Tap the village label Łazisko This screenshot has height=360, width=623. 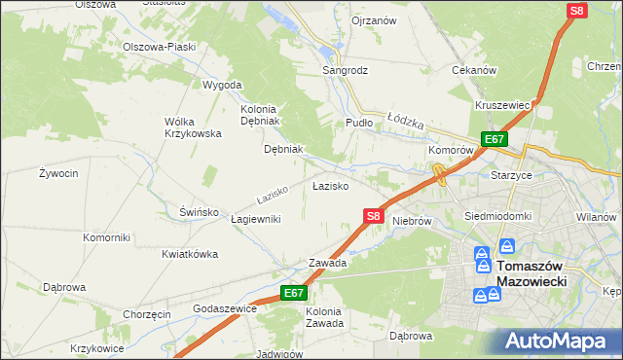330,185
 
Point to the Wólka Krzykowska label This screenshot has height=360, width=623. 193,126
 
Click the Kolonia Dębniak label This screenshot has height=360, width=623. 259,115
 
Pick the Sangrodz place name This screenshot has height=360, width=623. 346,71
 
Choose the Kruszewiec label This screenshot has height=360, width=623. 502,105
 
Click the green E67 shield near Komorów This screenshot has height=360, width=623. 494,139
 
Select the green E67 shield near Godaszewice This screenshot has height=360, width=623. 295,292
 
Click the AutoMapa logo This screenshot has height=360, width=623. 562,341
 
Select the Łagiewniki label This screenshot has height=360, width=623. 256,219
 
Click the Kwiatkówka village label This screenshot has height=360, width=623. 190,254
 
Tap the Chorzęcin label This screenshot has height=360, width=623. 147,314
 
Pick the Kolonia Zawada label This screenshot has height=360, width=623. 324,317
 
